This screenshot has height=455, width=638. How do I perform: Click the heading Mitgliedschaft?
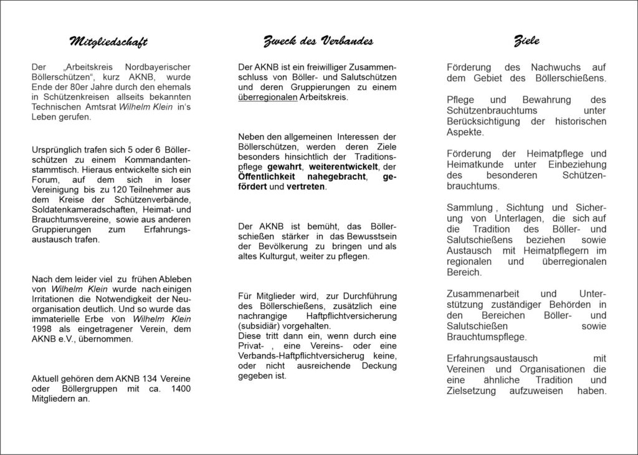click(108, 42)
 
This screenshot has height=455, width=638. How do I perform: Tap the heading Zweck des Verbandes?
click(318, 42)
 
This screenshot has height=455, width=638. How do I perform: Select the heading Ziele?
click(526, 41)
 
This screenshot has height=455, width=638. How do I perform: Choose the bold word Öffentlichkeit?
click(270, 176)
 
